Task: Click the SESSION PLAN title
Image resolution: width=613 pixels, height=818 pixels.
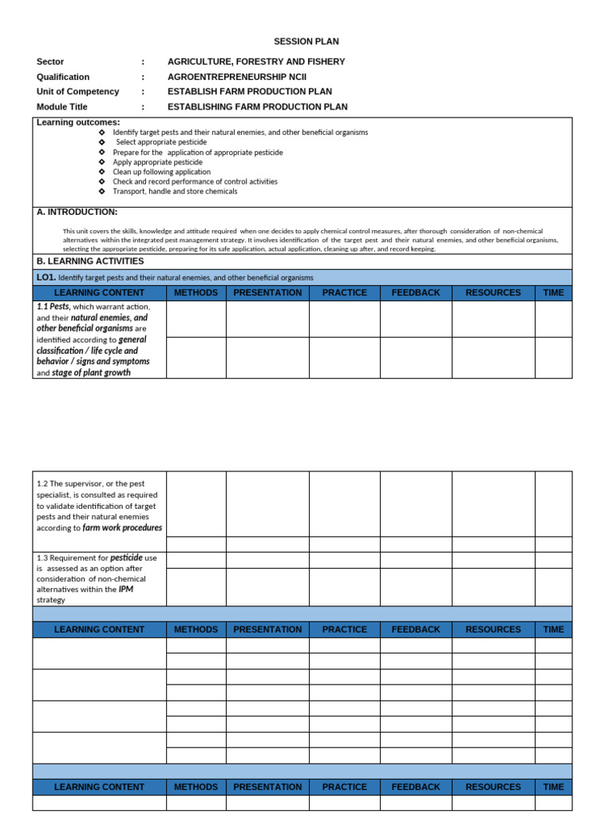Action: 300,42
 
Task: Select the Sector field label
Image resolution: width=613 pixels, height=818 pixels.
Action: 50,62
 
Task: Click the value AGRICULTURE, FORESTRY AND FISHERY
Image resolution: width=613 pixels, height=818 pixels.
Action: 256,62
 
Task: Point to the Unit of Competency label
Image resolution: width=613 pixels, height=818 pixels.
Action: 77,91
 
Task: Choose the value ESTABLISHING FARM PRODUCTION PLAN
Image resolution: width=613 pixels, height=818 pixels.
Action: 257,106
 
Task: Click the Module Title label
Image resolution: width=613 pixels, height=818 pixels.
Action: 62,106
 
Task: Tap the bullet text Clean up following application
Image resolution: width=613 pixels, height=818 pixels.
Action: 162,172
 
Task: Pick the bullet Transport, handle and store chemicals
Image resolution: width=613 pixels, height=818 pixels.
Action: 175,191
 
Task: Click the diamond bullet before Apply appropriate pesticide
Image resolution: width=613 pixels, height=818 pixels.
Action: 101,162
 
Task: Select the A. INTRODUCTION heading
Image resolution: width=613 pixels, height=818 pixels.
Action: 77,212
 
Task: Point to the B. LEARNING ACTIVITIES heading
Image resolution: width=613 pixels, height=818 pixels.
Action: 90,261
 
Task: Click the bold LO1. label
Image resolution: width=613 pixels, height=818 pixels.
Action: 45,277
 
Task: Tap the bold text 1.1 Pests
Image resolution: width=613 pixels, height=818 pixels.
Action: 53,306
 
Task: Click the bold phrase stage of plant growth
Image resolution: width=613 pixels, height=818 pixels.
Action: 91,372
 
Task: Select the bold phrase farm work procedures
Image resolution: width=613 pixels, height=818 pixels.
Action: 122,528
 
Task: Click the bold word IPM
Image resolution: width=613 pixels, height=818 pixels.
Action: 126,589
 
